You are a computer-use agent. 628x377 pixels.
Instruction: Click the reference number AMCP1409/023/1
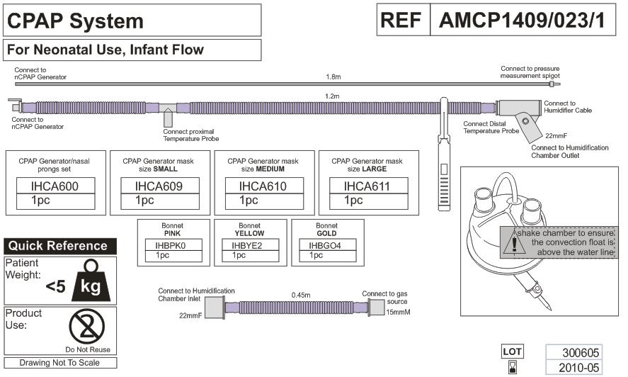(522, 21)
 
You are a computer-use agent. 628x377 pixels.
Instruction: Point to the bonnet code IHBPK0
(173, 245)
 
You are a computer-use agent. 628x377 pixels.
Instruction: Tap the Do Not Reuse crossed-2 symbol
(87, 327)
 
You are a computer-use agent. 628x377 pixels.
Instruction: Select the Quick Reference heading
(58, 247)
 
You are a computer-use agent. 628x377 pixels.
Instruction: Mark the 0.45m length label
(302, 295)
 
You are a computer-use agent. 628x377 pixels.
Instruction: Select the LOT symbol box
(512, 351)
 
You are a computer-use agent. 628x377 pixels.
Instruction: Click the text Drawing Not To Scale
(59, 363)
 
